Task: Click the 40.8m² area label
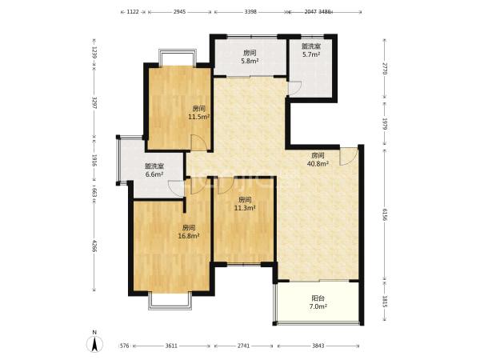point(318,163)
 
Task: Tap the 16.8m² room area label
point(189,236)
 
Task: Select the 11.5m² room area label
point(199,117)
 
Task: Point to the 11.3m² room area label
point(245,208)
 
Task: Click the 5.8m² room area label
point(250,61)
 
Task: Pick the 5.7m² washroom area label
point(311,54)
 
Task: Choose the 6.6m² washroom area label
point(154,174)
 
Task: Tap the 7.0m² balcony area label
point(318,306)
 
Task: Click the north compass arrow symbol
point(95,343)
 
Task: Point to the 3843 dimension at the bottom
point(318,346)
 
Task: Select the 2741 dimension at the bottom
point(244,346)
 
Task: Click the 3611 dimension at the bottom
point(171,346)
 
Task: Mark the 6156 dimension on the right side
point(385,214)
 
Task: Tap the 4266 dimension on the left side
point(94,246)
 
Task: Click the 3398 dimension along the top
point(250,12)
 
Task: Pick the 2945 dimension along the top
point(180,12)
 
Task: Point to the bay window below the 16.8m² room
point(170,301)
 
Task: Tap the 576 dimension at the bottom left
point(124,346)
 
